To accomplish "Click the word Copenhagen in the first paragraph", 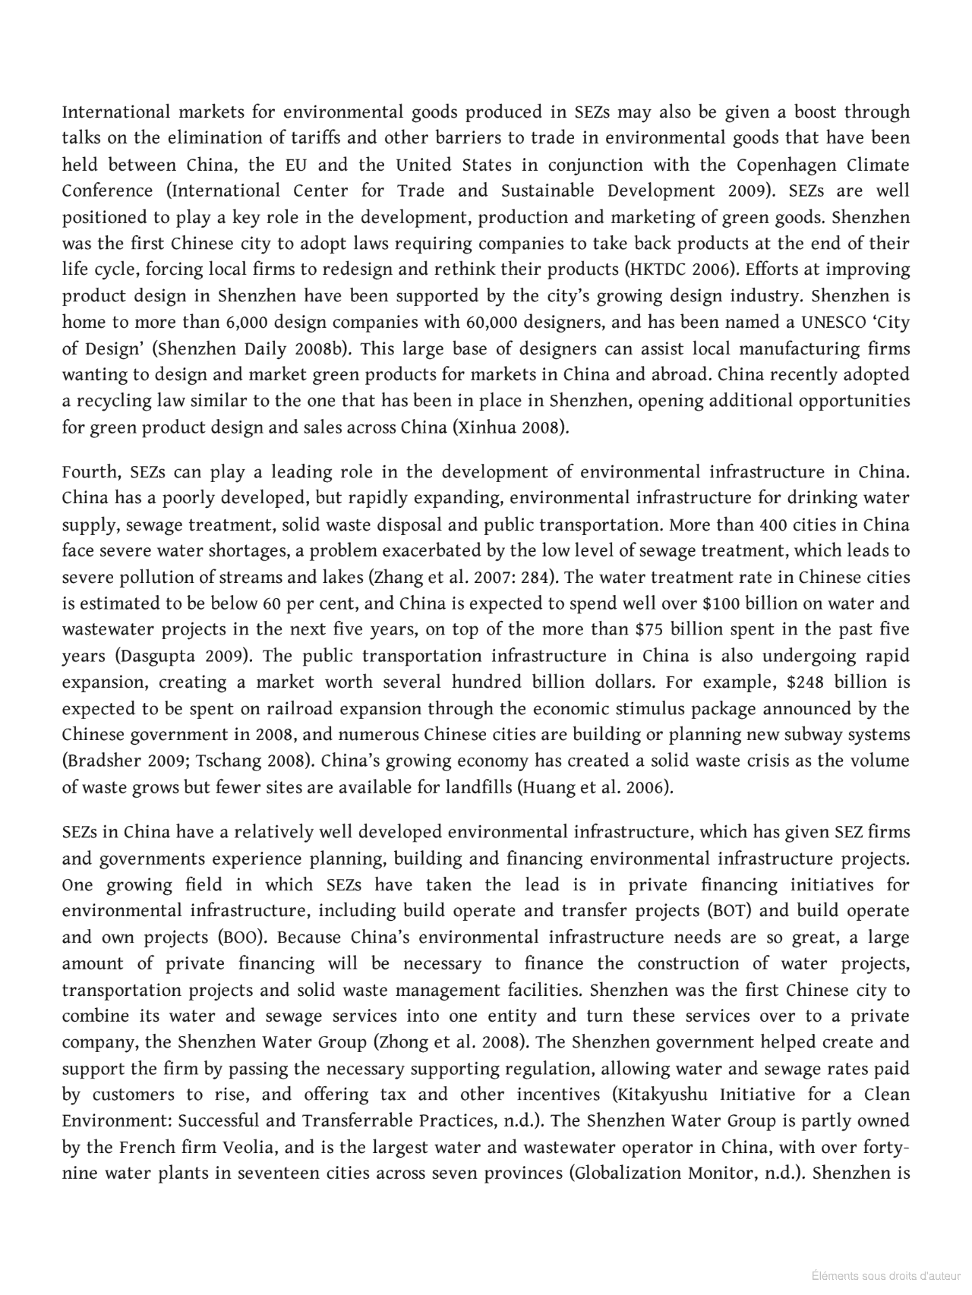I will [787, 165].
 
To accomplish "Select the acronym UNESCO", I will [834, 322].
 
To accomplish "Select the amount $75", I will [649, 629].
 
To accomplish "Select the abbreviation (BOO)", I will [241, 937].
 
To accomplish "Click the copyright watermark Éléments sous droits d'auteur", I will [885, 1275].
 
